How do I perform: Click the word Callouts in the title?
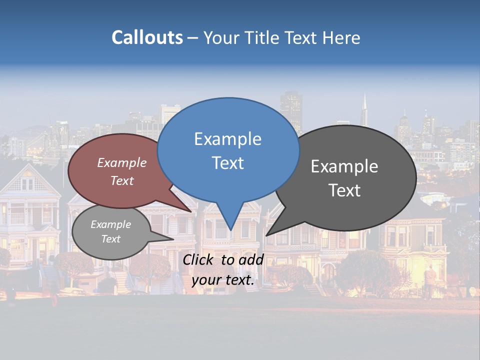tap(147, 37)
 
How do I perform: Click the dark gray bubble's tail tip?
tap(266, 235)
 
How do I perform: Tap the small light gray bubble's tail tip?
tap(173, 239)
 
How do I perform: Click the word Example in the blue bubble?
tap(227, 139)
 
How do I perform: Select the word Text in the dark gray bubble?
tap(344, 190)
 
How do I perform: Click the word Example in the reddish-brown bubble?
tap(122, 162)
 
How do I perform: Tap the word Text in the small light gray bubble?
tap(110, 239)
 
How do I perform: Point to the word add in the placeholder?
tap(251, 259)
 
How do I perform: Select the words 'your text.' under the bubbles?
tap(223, 280)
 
